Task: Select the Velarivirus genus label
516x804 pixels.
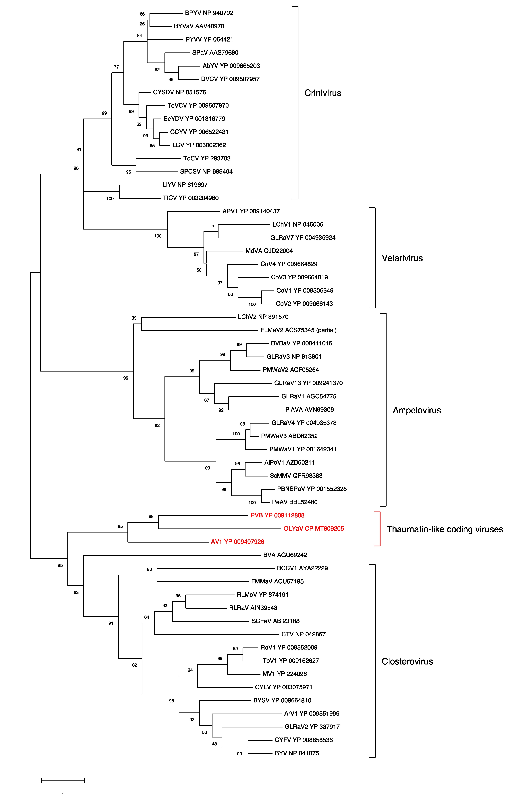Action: click(x=402, y=258)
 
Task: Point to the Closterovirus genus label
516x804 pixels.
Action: click(x=407, y=661)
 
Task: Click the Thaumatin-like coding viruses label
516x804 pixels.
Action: click(x=445, y=529)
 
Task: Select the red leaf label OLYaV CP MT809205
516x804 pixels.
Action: click(x=314, y=528)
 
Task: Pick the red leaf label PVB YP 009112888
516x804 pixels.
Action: click(x=277, y=515)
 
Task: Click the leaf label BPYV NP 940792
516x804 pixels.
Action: click(x=209, y=13)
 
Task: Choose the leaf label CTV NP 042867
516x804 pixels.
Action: click(x=303, y=634)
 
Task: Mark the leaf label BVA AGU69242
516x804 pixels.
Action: click(x=285, y=555)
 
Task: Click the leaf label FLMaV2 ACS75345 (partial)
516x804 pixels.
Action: click(x=298, y=330)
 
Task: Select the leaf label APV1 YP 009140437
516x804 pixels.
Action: click(x=251, y=211)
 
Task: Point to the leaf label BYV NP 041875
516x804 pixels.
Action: click(x=297, y=753)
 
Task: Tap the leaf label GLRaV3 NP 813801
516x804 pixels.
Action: click(x=294, y=357)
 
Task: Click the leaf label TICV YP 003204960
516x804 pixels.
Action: click(x=191, y=198)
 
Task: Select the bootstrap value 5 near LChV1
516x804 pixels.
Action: click(x=212, y=226)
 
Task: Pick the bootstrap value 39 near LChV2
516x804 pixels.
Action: click(x=134, y=318)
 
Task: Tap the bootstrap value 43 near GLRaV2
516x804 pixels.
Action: click(x=214, y=744)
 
